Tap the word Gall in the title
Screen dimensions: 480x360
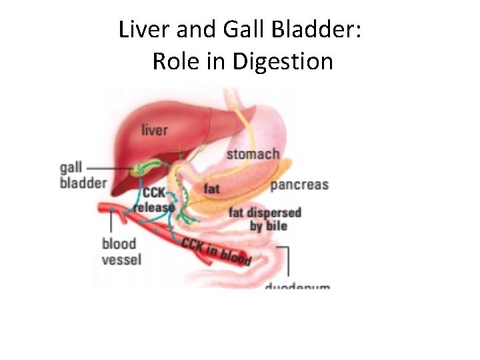point(238,30)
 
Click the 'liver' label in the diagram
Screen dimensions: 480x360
point(155,129)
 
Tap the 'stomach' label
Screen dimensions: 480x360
point(253,155)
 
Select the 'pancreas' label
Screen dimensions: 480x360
point(299,184)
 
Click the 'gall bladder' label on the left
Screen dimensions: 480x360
point(82,175)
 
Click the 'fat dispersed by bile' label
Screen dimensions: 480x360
point(265,219)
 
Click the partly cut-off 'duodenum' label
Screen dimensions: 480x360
point(297,286)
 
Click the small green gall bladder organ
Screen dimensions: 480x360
point(139,170)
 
